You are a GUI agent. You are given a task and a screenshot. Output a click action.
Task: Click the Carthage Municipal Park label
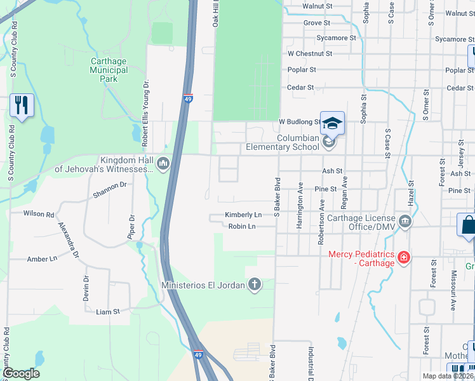[x=109, y=70]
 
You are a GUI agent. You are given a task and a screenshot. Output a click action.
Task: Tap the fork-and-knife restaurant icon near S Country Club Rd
[x=22, y=105]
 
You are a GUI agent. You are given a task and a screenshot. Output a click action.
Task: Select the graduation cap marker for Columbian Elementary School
[x=332, y=123]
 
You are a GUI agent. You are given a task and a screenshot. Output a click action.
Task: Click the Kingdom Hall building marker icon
[x=163, y=164]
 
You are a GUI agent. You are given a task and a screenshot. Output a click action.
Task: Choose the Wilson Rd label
[x=39, y=214]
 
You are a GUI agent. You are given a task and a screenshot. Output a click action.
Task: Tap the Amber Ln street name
[x=42, y=259]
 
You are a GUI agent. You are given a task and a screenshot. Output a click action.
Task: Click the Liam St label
[x=107, y=312]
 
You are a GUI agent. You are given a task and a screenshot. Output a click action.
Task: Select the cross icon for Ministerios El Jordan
[x=254, y=284]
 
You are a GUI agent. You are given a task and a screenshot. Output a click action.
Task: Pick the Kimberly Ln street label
[x=243, y=215]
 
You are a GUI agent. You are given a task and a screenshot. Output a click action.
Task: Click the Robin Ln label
[x=242, y=226]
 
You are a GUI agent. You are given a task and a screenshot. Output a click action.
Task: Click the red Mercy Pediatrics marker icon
[x=403, y=258]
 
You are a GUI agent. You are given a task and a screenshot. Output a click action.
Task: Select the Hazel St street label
[x=411, y=191]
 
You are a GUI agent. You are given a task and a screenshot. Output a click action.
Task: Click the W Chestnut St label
[x=310, y=54]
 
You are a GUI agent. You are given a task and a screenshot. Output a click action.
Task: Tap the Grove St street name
[x=317, y=23]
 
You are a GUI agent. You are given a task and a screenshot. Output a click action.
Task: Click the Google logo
[x=21, y=373]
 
